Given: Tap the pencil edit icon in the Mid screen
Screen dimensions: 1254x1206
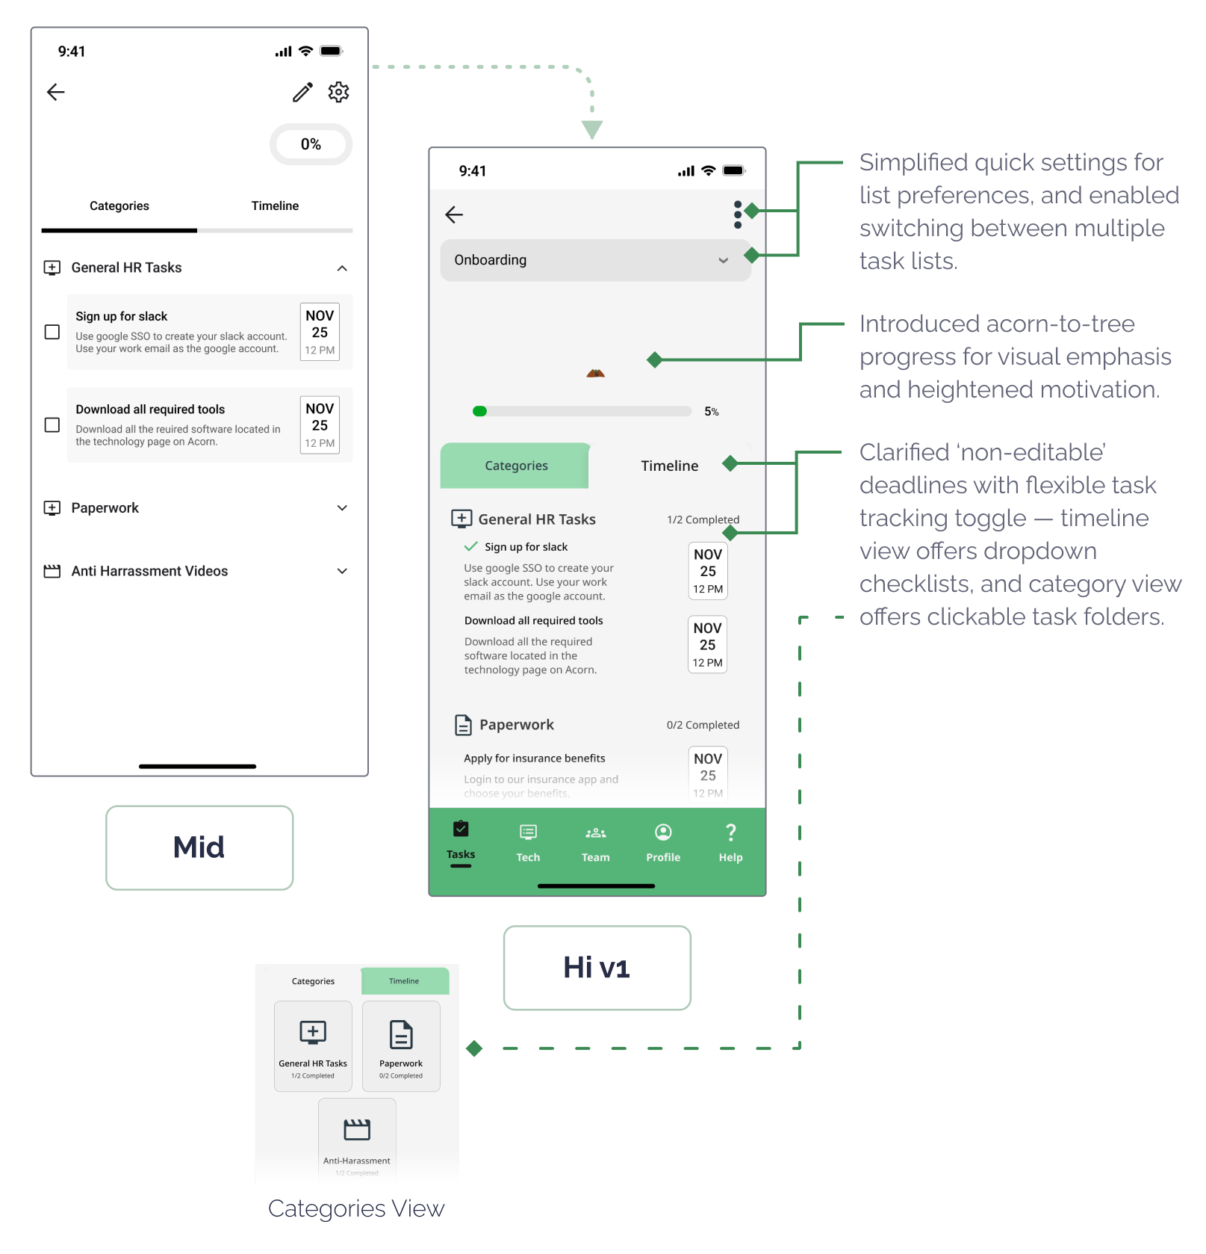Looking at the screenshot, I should pyautogui.click(x=302, y=92).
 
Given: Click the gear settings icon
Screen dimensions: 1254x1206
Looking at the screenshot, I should pyautogui.click(x=338, y=92).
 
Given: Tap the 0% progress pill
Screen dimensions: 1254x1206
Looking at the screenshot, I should pyautogui.click(x=311, y=144).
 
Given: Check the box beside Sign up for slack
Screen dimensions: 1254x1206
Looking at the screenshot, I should pyautogui.click(x=52, y=332).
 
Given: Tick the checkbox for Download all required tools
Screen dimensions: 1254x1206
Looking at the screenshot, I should pyautogui.click(x=52, y=424).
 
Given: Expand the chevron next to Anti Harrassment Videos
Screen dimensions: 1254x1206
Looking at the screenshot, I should pyautogui.click(x=342, y=571).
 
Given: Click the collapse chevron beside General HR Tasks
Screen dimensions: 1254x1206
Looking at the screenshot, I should pyautogui.click(x=342, y=268).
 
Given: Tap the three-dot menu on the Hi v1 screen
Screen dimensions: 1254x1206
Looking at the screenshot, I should pyautogui.click(x=738, y=214).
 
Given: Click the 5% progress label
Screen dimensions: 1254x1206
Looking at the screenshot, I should pyautogui.click(x=712, y=412).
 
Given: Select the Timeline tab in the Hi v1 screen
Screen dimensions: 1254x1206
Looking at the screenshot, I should pyautogui.click(x=669, y=466).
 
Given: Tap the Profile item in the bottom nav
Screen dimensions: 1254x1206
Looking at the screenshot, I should pyautogui.click(x=663, y=842).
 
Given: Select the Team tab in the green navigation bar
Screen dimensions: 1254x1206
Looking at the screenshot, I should pyautogui.click(x=595, y=842).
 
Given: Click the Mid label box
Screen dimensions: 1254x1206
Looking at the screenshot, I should pyautogui.click(x=199, y=847).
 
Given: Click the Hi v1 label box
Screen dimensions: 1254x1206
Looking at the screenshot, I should pyautogui.click(x=597, y=968).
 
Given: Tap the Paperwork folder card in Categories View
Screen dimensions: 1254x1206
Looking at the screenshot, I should pyautogui.click(x=401, y=1045).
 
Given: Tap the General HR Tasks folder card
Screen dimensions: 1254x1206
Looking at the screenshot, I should pyautogui.click(x=313, y=1045).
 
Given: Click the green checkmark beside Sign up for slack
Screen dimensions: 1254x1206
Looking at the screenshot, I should pyautogui.click(x=471, y=546).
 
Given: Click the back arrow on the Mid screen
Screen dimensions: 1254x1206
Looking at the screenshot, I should pyautogui.click(x=56, y=92).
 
